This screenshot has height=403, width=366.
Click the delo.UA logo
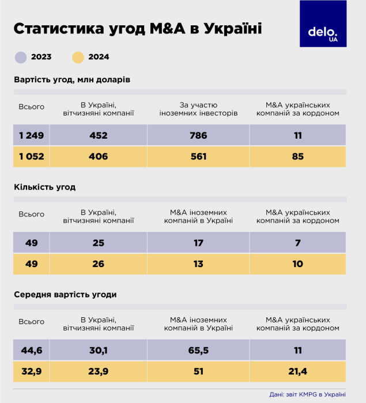pyautogui.click(x=323, y=24)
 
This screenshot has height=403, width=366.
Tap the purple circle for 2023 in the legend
pyautogui.click(x=21, y=57)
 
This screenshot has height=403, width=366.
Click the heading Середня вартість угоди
pyautogui.click(x=65, y=294)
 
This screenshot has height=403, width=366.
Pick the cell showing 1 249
pyautogui.click(x=31, y=135)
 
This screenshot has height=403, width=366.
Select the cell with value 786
pyautogui.click(x=198, y=135)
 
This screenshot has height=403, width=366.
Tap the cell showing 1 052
pyautogui.click(x=31, y=157)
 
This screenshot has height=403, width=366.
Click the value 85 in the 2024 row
pyautogui.click(x=297, y=157)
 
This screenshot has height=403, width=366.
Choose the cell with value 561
pyautogui.click(x=198, y=157)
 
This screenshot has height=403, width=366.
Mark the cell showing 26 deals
pyautogui.click(x=98, y=264)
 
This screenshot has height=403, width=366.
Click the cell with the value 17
pyautogui.click(x=198, y=242)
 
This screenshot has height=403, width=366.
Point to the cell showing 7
pyautogui.click(x=297, y=242)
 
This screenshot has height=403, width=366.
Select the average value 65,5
pyautogui.click(x=198, y=349)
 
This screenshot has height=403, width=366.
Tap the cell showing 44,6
pyautogui.click(x=31, y=349)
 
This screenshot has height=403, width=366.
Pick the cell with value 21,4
pyautogui.click(x=297, y=371)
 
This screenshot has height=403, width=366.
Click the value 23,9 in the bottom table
pyautogui.click(x=98, y=371)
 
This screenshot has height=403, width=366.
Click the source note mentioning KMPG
pyautogui.click(x=307, y=394)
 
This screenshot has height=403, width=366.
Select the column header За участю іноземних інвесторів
pyautogui.click(x=198, y=109)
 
